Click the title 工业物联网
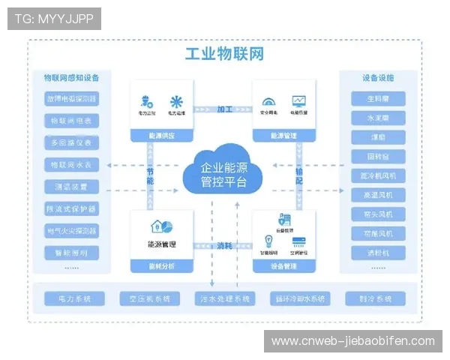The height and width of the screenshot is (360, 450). click(224, 54)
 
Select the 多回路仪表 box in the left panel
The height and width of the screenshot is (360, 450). click(72, 142)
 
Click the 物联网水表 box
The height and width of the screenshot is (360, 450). click(72, 164)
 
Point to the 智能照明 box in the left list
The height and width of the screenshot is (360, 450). click(72, 252)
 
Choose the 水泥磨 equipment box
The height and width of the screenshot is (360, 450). click(378, 118)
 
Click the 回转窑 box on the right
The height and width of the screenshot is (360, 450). click(378, 157)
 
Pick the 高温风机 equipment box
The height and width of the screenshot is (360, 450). click(378, 195)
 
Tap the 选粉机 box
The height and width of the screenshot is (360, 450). click(378, 253)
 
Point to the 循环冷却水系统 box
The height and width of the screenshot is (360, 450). click(300, 298)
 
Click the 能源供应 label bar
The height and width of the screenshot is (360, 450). click(161, 136)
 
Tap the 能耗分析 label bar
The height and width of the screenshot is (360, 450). click(161, 266)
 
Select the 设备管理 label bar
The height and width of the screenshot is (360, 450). click(284, 266)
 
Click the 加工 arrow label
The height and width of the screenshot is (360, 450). click(224, 109)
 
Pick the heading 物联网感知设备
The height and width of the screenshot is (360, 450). click(72, 77)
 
